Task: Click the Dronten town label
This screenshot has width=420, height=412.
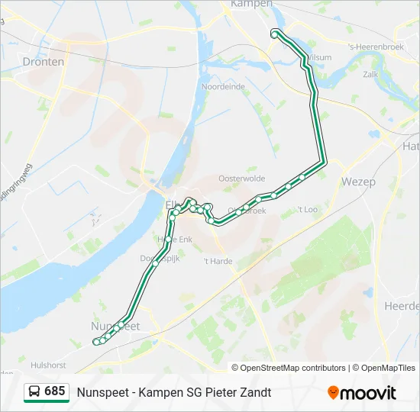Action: point(43,62)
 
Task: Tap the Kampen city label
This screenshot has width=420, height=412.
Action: point(251,4)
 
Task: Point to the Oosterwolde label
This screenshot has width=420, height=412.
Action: point(241,178)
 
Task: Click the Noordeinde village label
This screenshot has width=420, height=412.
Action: point(223,87)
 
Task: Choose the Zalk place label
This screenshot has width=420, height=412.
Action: point(371,74)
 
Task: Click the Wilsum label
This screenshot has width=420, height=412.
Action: point(319,57)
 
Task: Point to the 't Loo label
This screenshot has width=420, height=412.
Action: point(307,209)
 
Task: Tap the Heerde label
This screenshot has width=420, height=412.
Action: point(402,306)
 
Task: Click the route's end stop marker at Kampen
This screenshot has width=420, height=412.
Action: point(275,34)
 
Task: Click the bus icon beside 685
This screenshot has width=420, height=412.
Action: point(35,391)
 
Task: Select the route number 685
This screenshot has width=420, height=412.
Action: point(55,391)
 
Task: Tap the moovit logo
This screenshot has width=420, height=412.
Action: point(362,393)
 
